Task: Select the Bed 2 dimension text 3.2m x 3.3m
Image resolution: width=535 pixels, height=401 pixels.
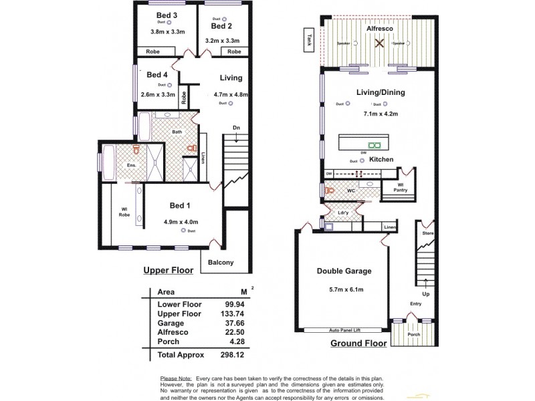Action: [222, 41]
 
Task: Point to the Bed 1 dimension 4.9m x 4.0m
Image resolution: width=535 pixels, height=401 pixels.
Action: [181, 221]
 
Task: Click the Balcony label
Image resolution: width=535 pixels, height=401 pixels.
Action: [221, 263]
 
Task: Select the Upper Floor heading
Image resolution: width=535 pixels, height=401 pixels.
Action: [168, 271]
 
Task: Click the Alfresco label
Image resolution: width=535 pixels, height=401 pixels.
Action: [379, 29]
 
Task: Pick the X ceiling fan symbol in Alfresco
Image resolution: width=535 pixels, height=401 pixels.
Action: [379, 43]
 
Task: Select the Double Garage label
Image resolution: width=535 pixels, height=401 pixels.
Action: [344, 271]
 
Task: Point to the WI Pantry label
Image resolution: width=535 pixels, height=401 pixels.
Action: [401, 187]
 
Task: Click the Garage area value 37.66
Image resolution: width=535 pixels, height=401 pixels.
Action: [231, 322]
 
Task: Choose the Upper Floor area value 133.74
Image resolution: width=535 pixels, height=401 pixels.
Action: [231, 313]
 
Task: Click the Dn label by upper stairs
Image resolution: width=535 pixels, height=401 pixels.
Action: [236, 128]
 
